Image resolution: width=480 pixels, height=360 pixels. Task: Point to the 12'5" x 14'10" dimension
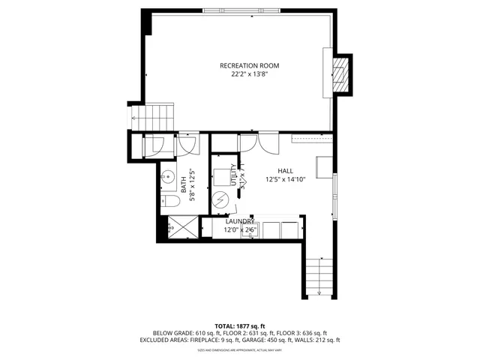286,179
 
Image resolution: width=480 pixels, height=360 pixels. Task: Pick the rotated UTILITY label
234,175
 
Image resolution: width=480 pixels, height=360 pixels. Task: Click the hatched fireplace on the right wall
341,74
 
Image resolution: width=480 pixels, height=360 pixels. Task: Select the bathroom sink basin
166,178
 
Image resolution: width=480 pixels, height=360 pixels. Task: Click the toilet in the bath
167,202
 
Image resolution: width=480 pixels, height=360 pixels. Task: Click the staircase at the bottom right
319,276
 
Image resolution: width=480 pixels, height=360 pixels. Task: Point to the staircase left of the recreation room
158,116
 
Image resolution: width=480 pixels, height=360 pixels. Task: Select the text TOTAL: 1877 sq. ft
240,325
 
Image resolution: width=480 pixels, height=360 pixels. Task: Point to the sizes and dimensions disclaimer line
240,350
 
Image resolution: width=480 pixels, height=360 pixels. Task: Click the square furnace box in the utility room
223,178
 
